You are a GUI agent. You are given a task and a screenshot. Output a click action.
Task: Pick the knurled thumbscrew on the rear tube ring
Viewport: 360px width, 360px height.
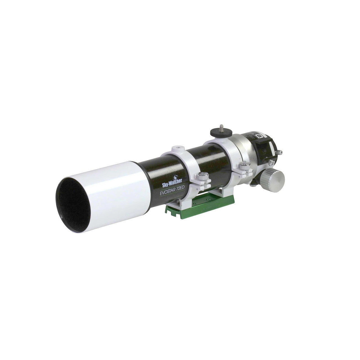click(242, 164)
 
